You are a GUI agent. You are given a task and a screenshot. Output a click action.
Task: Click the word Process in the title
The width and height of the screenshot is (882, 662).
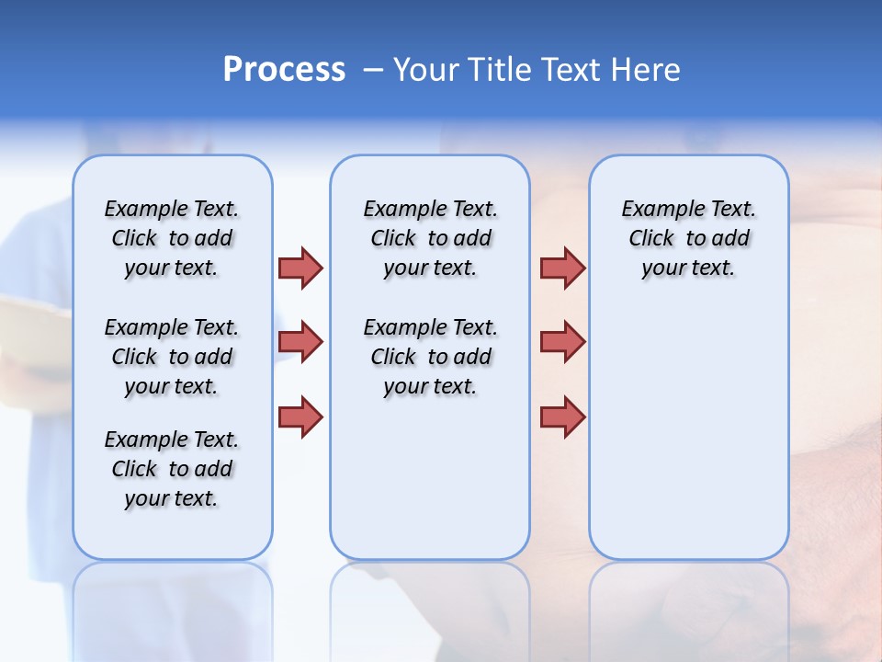(284, 69)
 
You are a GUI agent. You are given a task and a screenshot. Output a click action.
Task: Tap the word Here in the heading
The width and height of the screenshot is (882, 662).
(647, 69)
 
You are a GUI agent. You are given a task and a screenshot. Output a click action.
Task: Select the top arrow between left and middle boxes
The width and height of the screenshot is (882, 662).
(300, 268)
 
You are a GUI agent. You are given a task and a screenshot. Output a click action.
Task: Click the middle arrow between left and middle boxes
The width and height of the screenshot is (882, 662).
(300, 342)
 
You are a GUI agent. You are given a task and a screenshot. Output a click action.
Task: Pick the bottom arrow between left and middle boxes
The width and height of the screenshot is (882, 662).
(300, 417)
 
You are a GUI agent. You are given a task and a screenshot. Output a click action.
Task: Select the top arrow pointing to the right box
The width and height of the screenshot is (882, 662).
(562, 268)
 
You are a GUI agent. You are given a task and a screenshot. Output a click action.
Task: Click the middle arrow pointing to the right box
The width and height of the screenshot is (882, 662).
(562, 342)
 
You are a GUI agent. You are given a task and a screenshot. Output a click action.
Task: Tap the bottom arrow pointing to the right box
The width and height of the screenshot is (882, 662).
(562, 417)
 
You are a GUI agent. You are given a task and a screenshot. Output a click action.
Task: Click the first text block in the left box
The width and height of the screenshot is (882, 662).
(172, 238)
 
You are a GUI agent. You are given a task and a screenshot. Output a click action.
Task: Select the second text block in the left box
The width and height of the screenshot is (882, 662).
(172, 357)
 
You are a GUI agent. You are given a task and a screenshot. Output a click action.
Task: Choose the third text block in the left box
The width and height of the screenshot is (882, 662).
(172, 469)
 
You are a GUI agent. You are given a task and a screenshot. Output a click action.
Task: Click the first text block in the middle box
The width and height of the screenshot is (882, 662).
(431, 238)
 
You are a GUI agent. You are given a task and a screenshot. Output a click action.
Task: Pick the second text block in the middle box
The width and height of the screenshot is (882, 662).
(431, 357)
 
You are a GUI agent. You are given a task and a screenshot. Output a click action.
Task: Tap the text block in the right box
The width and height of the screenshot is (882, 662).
(689, 238)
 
